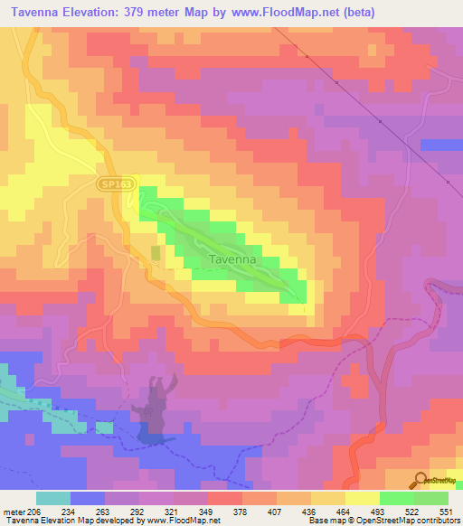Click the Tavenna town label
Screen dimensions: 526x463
click(x=232, y=259)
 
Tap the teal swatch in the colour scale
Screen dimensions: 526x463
click(x=53, y=498)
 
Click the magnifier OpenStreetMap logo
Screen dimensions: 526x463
click(x=422, y=479)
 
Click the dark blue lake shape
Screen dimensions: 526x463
click(x=155, y=411)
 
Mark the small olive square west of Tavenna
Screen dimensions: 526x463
click(x=156, y=253)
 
